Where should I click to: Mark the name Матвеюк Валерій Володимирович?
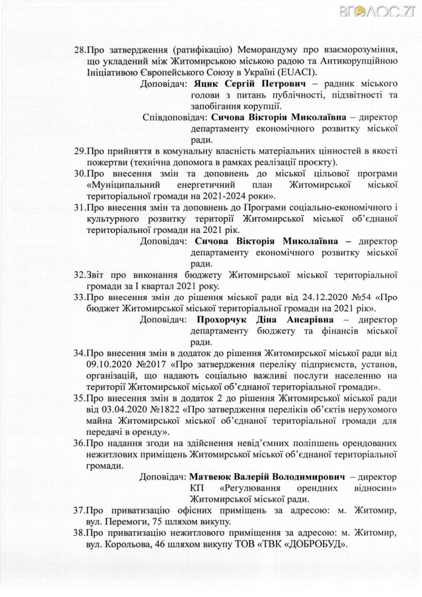tap(267, 476)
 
